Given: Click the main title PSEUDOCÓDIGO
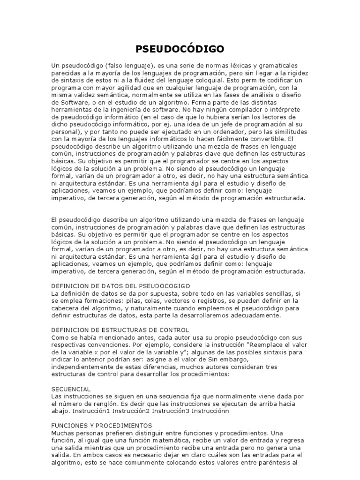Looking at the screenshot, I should coord(180,49).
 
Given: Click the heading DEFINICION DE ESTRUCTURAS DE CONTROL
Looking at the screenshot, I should coord(120,330).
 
